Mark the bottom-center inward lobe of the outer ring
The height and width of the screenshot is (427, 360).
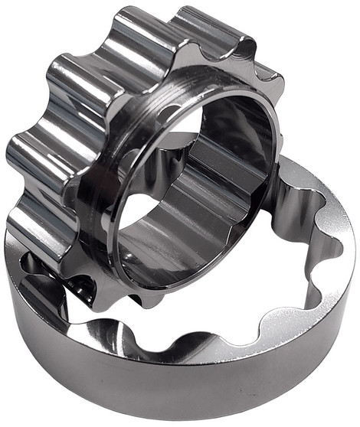point(207,348)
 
